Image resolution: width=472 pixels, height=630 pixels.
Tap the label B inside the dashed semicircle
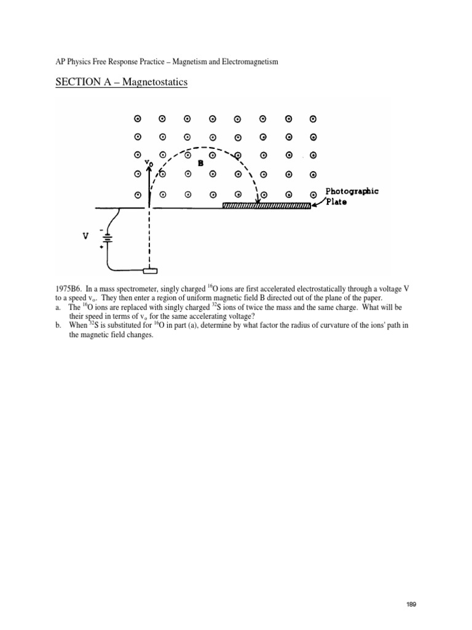click(x=200, y=164)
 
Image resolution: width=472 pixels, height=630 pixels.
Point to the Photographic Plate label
click(x=351, y=196)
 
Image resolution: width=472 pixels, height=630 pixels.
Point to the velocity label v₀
click(x=148, y=163)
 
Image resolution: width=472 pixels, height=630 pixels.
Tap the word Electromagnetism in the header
click(x=249, y=62)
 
